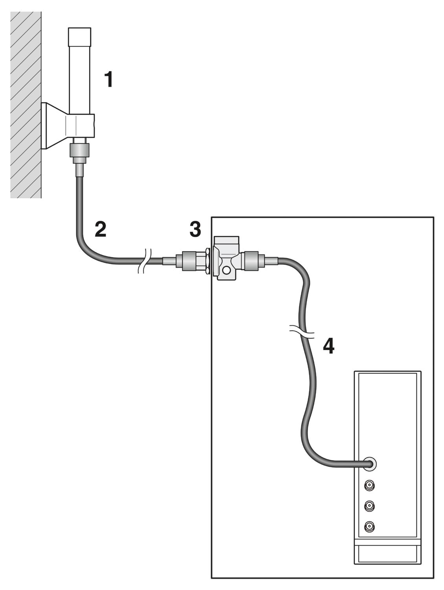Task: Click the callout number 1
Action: click(x=108, y=79)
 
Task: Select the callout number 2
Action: click(x=101, y=229)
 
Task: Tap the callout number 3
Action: click(x=195, y=229)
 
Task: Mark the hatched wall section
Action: click(x=26, y=105)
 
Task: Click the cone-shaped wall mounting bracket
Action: click(x=55, y=125)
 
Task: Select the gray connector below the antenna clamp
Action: click(x=79, y=150)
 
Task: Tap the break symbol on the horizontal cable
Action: click(x=145, y=261)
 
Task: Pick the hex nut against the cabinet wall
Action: click(x=207, y=261)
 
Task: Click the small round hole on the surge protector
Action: click(x=227, y=270)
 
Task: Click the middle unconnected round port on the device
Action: click(x=369, y=506)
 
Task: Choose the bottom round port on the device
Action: click(x=369, y=527)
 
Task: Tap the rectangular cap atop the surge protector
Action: click(x=226, y=242)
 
